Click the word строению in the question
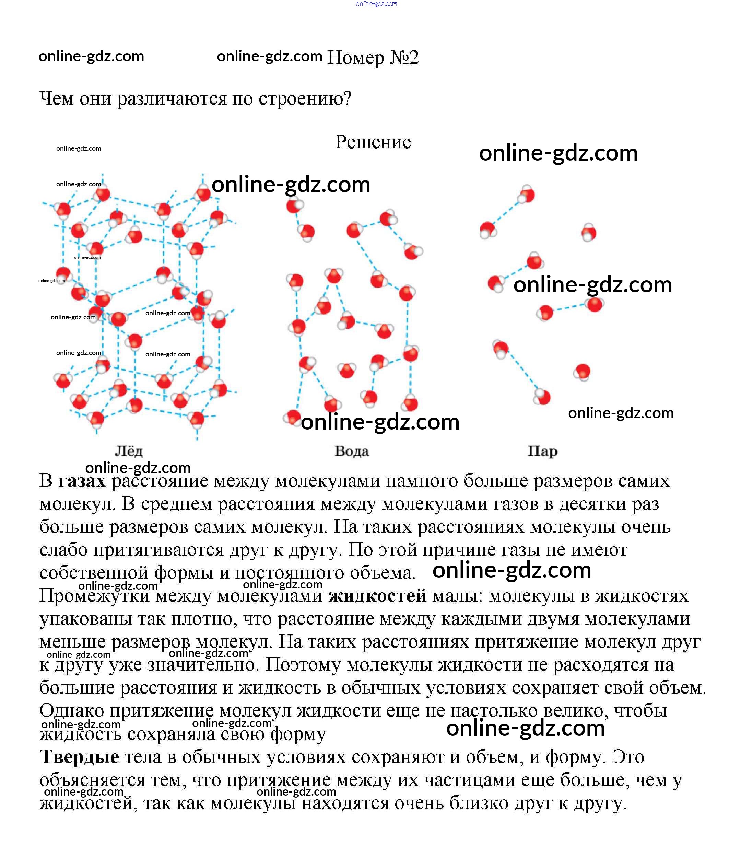tap(305, 99)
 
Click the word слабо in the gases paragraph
tap(63, 550)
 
